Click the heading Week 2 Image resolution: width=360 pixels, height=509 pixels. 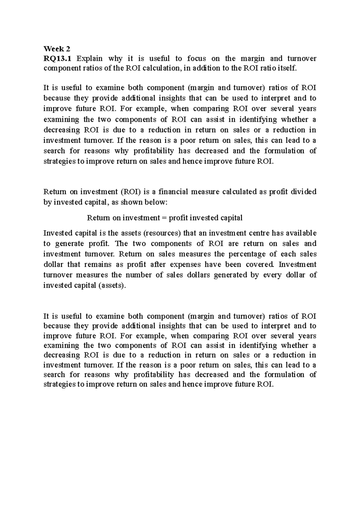[57, 48]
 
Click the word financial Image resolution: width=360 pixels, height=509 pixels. [172, 192]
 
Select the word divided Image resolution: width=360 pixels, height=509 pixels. [304, 192]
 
